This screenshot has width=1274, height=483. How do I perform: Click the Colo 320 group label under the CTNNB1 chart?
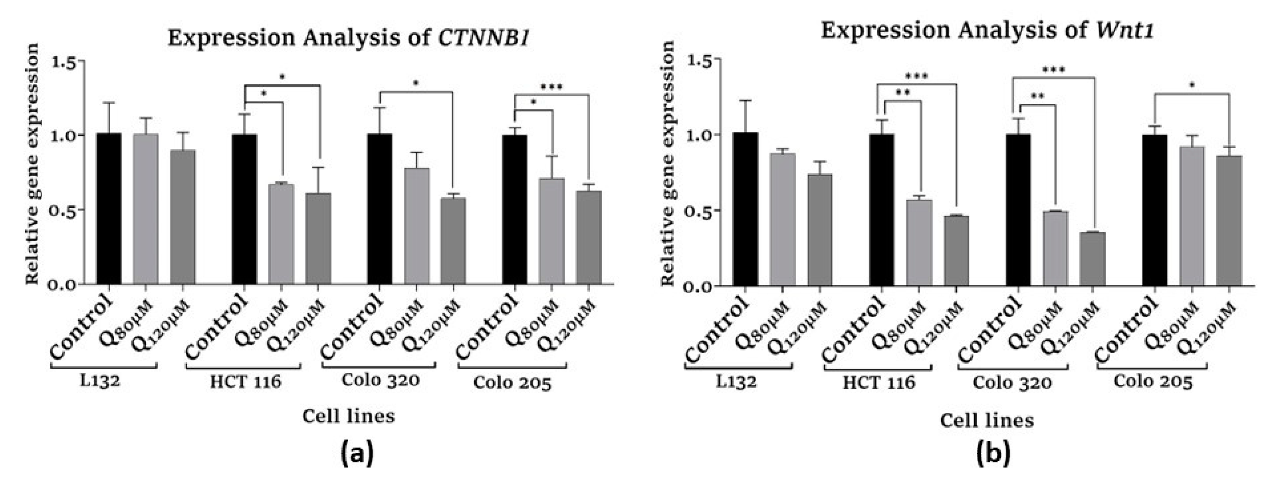tap(380, 381)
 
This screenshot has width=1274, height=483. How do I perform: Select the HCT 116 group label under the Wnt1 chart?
tap(879, 382)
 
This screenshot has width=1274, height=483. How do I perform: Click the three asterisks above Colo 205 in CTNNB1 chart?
tap(551, 88)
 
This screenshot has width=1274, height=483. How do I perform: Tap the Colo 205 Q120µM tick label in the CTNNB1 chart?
tap(566, 327)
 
